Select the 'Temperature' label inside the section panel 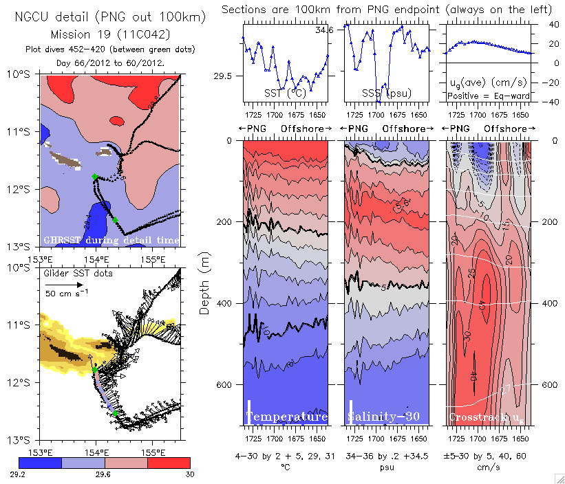click(x=286, y=417)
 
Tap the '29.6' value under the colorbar click(x=105, y=474)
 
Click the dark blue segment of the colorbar click(x=40, y=462)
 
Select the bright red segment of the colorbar click(x=168, y=462)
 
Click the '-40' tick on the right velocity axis click(x=543, y=102)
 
